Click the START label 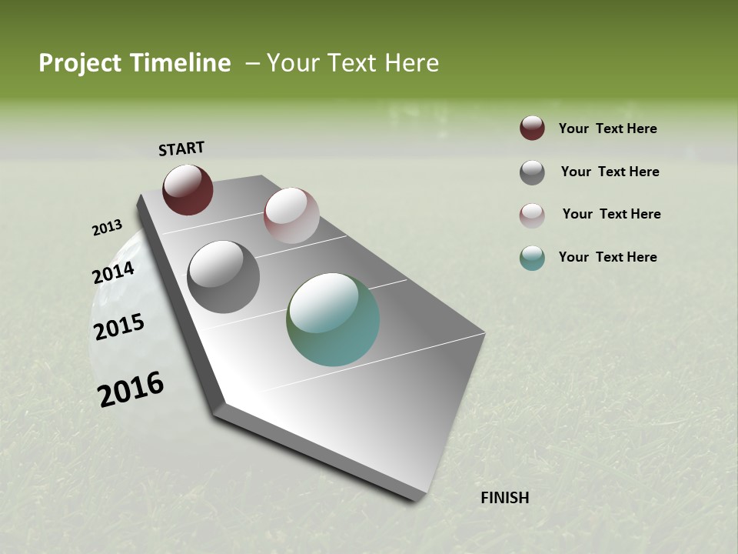tap(181, 149)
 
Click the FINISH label tap(504, 498)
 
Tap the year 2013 tap(107, 228)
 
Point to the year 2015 tap(119, 327)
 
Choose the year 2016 tap(131, 389)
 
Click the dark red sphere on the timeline tap(188, 189)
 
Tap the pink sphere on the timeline tap(291, 215)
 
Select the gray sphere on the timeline tap(223, 276)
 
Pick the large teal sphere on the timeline tap(333, 319)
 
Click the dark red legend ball tap(532, 128)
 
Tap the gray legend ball tap(532, 172)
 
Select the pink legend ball tap(532, 215)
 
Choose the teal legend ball tap(532, 258)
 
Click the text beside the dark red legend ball tap(607, 129)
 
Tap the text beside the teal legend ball tap(607, 257)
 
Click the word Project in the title tap(81, 63)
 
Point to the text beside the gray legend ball tap(610, 172)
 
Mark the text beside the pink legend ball tap(611, 214)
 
